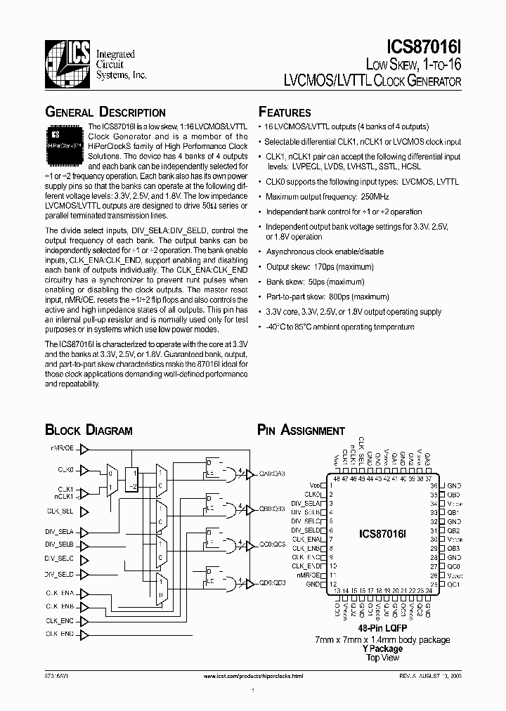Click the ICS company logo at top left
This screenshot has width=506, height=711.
tap(67, 57)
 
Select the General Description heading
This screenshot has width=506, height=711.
tap(105, 112)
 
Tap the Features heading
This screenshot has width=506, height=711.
tap(285, 112)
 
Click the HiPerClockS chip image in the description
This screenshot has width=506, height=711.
tap(65, 139)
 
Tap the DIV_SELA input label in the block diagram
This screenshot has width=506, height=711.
tap(64, 531)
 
